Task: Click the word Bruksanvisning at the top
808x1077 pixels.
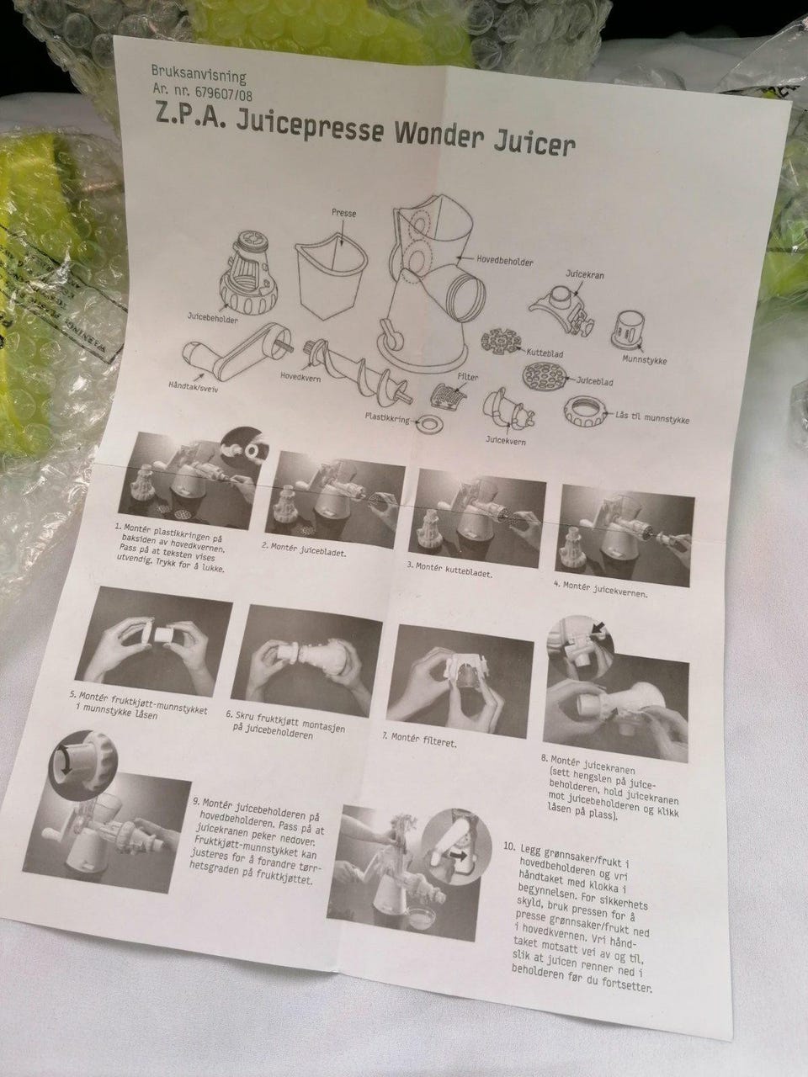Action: pyautogui.click(x=199, y=75)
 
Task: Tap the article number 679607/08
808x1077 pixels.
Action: pyautogui.click(x=224, y=93)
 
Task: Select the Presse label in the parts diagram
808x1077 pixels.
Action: pyautogui.click(x=344, y=213)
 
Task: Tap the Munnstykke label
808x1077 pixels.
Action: pyautogui.click(x=645, y=359)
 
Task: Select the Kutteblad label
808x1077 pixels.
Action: pyautogui.click(x=545, y=353)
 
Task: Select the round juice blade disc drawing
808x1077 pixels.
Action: pyautogui.click(x=544, y=376)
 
